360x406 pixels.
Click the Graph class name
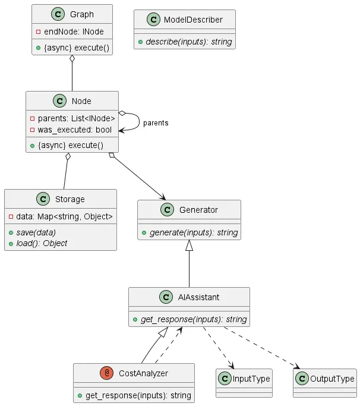pos(81,15)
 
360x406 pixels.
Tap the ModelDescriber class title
pos(193,20)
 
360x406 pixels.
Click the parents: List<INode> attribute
pos(76,119)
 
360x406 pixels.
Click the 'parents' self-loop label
pos(156,123)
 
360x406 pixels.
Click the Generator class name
pos(198,210)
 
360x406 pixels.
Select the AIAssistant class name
pos(198,297)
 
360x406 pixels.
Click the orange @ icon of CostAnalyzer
pos(107,373)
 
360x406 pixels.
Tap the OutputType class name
pos(332,379)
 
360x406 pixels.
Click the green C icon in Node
pos(59,101)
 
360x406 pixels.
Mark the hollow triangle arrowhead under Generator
pos(190,245)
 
